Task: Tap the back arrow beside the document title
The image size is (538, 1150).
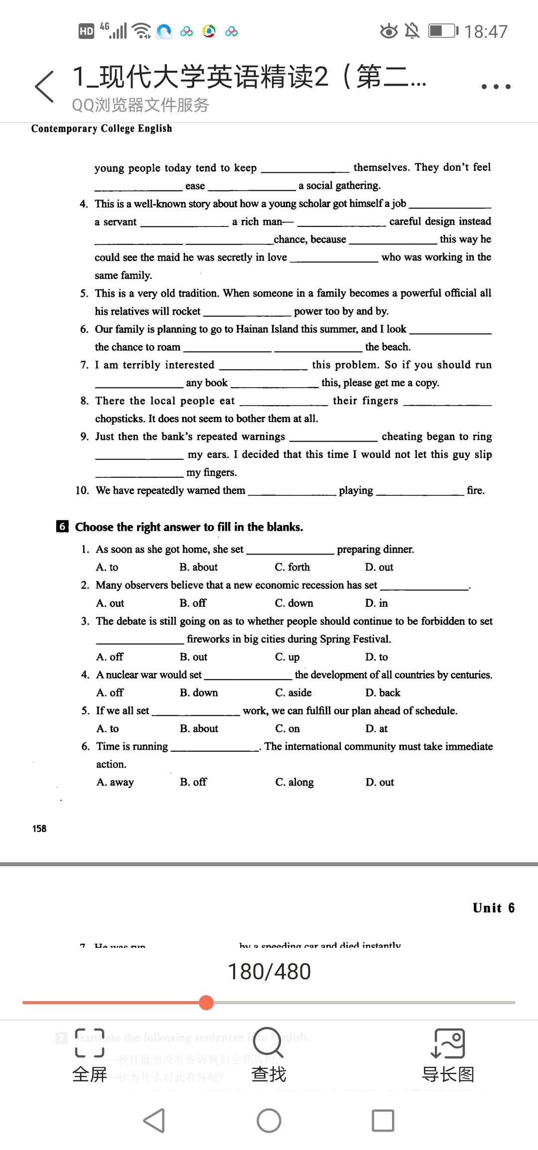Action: (45, 87)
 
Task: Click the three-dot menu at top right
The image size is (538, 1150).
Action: (496, 87)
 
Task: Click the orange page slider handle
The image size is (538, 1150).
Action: (206, 1002)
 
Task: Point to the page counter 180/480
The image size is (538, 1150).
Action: (269, 971)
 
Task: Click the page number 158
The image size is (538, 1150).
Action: (39, 828)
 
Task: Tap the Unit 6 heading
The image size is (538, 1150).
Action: (493, 908)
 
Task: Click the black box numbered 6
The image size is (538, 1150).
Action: (62, 526)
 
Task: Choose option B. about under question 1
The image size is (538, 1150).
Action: (198, 567)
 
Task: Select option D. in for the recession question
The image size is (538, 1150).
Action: (376, 603)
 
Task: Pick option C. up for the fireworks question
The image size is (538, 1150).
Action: (287, 657)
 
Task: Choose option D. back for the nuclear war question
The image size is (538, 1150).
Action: (383, 692)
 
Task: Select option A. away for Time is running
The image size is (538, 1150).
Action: (115, 782)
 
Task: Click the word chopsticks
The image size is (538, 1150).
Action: (120, 419)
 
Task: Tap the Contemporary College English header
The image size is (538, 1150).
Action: (102, 128)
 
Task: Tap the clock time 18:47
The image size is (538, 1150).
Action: (486, 32)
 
